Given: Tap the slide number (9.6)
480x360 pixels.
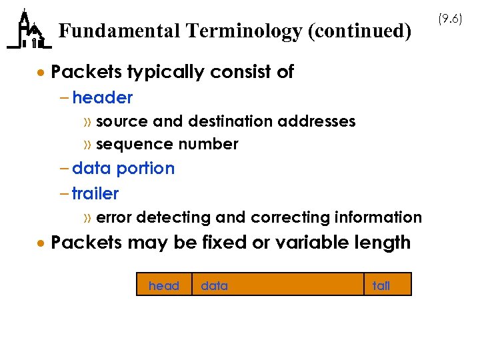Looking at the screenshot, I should click(451, 19).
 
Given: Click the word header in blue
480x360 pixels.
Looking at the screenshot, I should click(103, 98).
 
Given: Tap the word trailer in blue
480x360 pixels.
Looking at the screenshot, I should click(95, 194).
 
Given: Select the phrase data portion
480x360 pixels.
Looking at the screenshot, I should click(123, 169).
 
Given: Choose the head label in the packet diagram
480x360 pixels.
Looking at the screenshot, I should click(164, 286).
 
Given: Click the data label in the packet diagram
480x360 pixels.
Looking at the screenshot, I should click(214, 286).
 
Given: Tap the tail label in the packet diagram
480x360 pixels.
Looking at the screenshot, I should click(381, 286).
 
